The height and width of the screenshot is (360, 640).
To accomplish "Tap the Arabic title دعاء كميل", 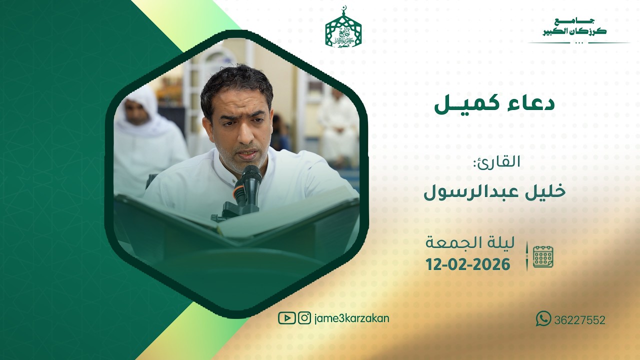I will coord(494,103).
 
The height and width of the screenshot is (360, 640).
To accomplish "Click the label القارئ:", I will coord(496,162).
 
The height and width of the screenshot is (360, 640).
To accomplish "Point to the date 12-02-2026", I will coord(468,264).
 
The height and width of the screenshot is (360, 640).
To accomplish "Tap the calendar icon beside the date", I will coord(543,256).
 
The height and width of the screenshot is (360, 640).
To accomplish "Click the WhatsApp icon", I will coord(543,318).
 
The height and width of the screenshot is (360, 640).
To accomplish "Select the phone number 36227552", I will coord(579,320).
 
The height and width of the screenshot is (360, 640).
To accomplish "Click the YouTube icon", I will coord(286,318).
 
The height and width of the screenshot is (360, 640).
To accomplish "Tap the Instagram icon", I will coord(304,318).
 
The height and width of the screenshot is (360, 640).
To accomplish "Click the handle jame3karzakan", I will coord(352,318).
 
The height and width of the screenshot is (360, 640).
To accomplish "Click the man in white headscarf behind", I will coord(140,135).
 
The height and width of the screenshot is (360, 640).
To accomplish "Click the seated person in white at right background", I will coord(338,125).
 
